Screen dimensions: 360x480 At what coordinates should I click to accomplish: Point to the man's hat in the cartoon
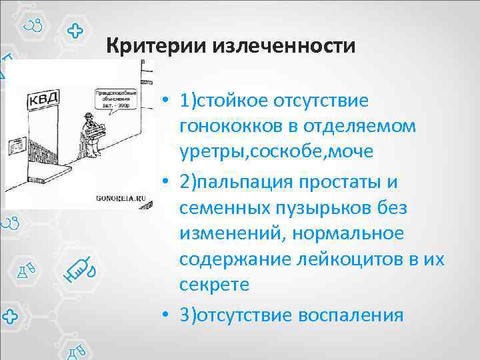88,119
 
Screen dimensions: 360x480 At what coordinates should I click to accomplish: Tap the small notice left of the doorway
14,145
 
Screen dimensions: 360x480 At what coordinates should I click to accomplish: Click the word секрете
214,285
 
